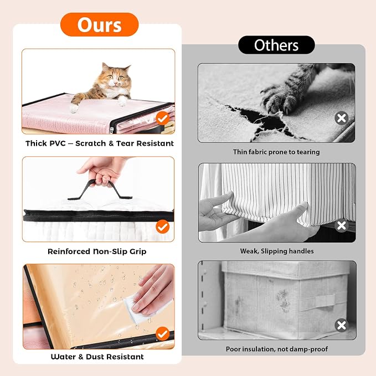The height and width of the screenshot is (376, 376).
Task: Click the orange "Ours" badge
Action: point(100,25)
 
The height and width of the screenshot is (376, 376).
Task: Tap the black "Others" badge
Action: point(276,45)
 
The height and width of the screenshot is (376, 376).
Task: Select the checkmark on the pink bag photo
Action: point(163,118)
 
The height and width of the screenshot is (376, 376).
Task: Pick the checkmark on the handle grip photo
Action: point(163,226)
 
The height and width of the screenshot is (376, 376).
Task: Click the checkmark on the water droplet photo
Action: point(163,333)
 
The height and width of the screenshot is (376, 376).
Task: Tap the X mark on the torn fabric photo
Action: point(342,118)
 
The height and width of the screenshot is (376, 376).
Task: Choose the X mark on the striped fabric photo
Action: point(342,225)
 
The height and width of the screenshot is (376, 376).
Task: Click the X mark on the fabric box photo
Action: point(342,325)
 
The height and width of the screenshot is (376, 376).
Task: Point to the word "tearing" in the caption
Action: point(308,152)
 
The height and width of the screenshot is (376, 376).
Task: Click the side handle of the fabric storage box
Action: point(318,302)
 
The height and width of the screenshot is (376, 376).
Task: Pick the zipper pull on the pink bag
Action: point(112,130)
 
